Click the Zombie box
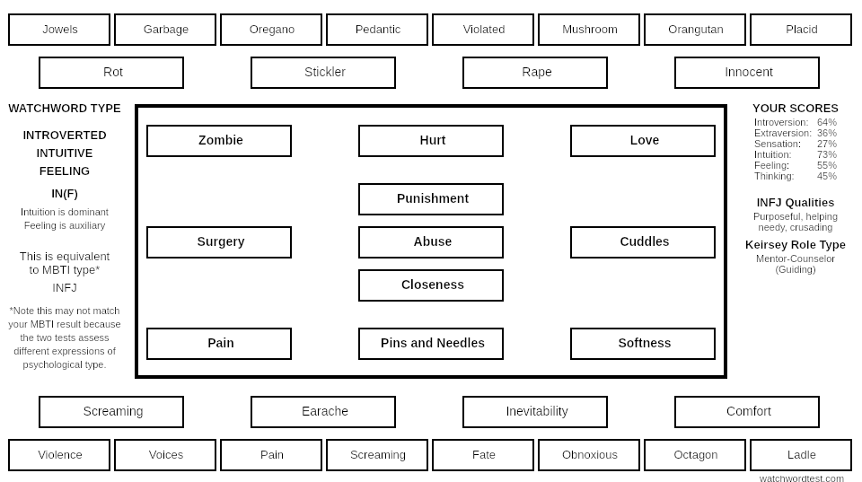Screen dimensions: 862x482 click(x=219, y=141)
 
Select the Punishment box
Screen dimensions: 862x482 click(x=431, y=199)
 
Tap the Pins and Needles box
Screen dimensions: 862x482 click(x=431, y=344)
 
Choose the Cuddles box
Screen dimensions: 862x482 click(x=643, y=241)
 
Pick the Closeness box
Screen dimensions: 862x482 click(x=431, y=285)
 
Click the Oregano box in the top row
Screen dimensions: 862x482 click(x=271, y=30)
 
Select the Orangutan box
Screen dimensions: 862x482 click(x=695, y=30)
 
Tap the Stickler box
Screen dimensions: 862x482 click(x=323, y=73)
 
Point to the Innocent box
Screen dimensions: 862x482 click(x=747, y=73)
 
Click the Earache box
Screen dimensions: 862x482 click(x=323, y=412)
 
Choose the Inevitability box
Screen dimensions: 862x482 click(x=535, y=412)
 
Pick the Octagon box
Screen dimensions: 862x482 click(x=695, y=455)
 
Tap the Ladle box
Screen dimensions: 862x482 click(x=801, y=455)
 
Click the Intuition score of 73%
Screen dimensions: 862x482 click(x=827, y=155)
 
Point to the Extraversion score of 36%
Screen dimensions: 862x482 click(x=827, y=134)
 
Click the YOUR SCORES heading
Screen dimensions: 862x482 click(x=796, y=109)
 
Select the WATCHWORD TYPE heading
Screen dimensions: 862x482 click(x=65, y=109)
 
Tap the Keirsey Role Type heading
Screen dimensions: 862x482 click(x=796, y=245)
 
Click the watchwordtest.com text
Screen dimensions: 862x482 click(x=802, y=478)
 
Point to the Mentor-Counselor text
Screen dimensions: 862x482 click(x=796, y=259)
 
